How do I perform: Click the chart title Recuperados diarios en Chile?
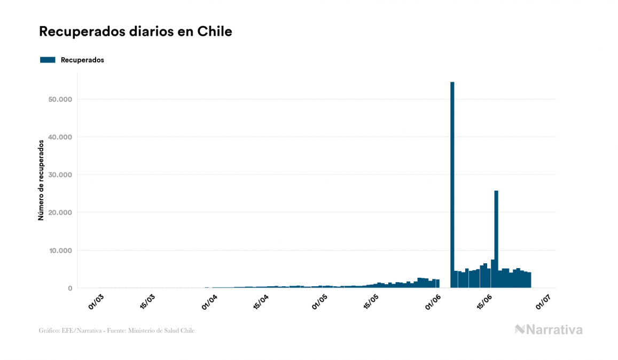click(136, 32)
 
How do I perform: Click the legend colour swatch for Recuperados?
click(48, 60)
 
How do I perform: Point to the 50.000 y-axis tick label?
click(59, 99)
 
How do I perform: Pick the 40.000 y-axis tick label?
click(59, 137)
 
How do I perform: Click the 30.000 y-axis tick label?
click(59, 175)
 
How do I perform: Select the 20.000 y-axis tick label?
click(59, 213)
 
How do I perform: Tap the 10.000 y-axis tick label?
click(59, 251)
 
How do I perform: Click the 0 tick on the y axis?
click(69, 288)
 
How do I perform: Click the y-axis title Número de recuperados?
click(41, 180)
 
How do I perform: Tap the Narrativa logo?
click(549, 330)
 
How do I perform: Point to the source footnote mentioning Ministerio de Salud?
click(116, 331)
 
